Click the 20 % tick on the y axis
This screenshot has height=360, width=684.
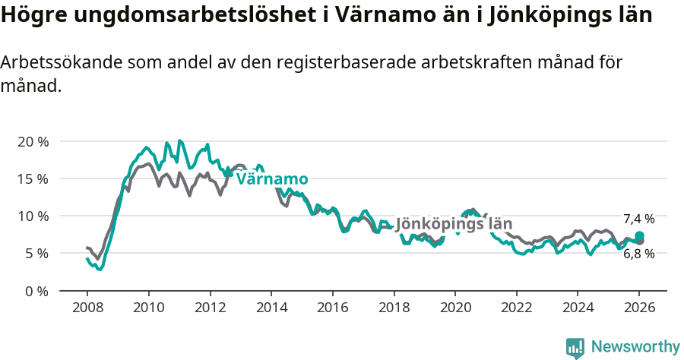point(33,142)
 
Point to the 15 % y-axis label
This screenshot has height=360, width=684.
point(33,179)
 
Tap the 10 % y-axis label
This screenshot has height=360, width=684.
point(33,216)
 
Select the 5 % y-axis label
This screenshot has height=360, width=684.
point(36,253)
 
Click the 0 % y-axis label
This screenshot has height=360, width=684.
point(36,290)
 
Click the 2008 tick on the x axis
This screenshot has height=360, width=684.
point(87,308)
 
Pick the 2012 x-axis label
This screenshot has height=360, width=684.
point(210,308)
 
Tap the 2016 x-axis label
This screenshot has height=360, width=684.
point(332,308)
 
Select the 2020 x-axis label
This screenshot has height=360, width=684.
point(454,308)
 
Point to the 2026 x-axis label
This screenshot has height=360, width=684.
point(638,308)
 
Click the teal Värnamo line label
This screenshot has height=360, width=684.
point(272,179)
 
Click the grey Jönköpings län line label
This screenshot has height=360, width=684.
point(454,225)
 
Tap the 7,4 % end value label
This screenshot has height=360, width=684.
point(638,219)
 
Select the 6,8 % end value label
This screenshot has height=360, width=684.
point(638,254)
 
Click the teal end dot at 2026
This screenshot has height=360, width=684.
point(639,235)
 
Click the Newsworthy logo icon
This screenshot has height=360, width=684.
point(575,347)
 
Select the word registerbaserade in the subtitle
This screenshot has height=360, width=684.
point(353,63)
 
